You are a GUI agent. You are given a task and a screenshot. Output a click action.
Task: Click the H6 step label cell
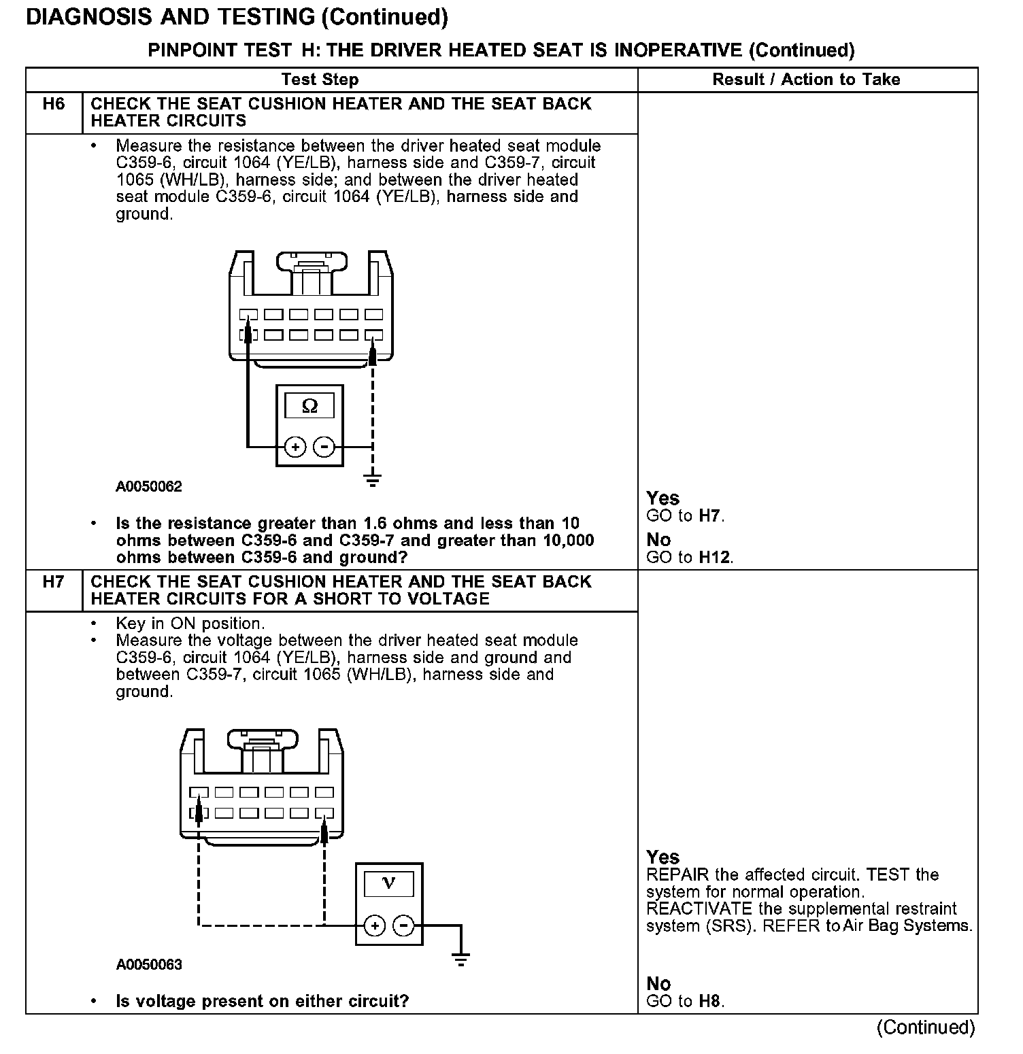pyautogui.click(x=54, y=104)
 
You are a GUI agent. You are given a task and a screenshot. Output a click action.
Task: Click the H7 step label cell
pyautogui.click(x=54, y=582)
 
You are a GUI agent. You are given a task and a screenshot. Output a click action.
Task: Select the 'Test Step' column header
pyautogui.click(x=320, y=80)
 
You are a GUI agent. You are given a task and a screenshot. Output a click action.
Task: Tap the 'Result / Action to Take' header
pyautogui.click(x=806, y=80)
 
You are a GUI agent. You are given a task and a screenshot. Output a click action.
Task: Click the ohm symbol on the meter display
pyautogui.click(x=309, y=407)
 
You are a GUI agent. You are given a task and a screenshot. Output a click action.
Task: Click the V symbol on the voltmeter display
pyautogui.click(x=389, y=884)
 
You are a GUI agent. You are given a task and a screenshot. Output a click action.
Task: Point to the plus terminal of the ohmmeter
pyautogui.click(x=295, y=447)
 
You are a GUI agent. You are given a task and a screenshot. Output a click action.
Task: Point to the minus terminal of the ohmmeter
pyautogui.click(x=324, y=447)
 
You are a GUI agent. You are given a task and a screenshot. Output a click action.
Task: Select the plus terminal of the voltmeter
pyautogui.click(x=375, y=925)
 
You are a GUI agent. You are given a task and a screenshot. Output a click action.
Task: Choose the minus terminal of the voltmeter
pyautogui.click(x=404, y=925)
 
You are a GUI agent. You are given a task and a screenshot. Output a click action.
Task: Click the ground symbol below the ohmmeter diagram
pyautogui.click(x=372, y=480)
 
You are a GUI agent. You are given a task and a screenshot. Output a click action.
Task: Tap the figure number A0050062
pyautogui.click(x=149, y=487)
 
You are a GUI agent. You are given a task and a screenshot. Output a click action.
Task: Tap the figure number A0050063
pyautogui.click(x=149, y=965)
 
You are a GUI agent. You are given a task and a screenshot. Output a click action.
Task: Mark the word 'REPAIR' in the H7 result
pyautogui.click(x=677, y=875)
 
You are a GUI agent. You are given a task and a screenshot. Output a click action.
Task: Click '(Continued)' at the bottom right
pyautogui.click(x=926, y=1027)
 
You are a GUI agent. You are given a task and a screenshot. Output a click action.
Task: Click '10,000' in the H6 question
pyautogui.click(x=569, y=541)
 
